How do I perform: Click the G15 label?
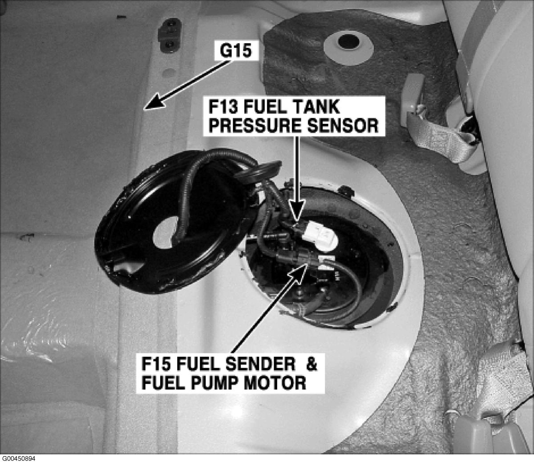pyautogui.click(x=235, y=51)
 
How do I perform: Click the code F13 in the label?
pyautogui.click(x=224, y=108)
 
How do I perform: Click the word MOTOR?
pyautogui.click(x=275, y=383)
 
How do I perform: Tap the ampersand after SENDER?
pyautogui.click(x=312, y=365)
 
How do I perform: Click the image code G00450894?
pyautogui.click(x=18, y=458)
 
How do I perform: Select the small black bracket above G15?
pyautogui.click(x=170, y=35)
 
